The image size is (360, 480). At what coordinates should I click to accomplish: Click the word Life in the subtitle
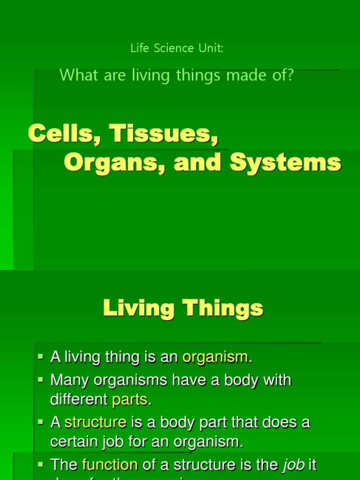tap(139, 48)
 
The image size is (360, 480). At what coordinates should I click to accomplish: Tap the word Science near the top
tap(168, 48)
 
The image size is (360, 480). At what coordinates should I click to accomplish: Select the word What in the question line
tap(78, 75)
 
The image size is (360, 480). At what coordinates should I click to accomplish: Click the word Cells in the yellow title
tap(63, 134)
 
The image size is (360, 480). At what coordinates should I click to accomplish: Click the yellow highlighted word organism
tap(215, 357)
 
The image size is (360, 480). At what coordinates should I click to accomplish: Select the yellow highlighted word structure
tap(96, 422)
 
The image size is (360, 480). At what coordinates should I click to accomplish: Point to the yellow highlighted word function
tap(110, 465)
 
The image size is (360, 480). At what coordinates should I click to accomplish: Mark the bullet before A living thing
tap(40, 357)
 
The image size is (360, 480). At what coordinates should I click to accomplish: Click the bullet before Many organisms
tap(40, 379)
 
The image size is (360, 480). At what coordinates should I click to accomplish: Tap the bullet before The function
tap(40, 464)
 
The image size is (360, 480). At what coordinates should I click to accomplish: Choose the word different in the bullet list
tap(79, 400)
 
